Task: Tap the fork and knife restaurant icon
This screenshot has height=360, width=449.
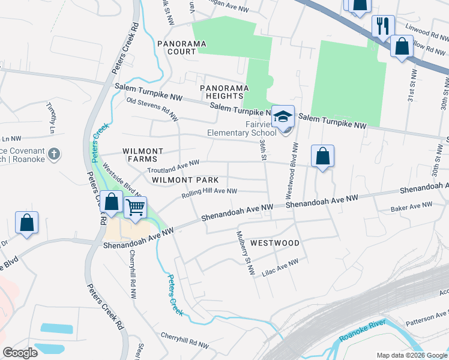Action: point(382,26)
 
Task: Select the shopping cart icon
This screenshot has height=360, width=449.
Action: point(136,208)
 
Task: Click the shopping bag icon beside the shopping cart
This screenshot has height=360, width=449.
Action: point(111,202)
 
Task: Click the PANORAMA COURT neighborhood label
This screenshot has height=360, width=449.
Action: point(177,47)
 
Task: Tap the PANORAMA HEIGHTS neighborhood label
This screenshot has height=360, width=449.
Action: point(224,92)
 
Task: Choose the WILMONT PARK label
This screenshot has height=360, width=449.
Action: point(184,180)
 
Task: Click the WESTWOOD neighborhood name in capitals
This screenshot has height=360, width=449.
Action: point(274,243)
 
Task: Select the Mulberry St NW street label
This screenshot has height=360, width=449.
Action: point(246,252)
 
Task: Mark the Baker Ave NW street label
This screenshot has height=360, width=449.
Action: point(411,206)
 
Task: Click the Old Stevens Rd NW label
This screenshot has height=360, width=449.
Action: point(152,108)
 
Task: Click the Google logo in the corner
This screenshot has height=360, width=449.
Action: point(20,353)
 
